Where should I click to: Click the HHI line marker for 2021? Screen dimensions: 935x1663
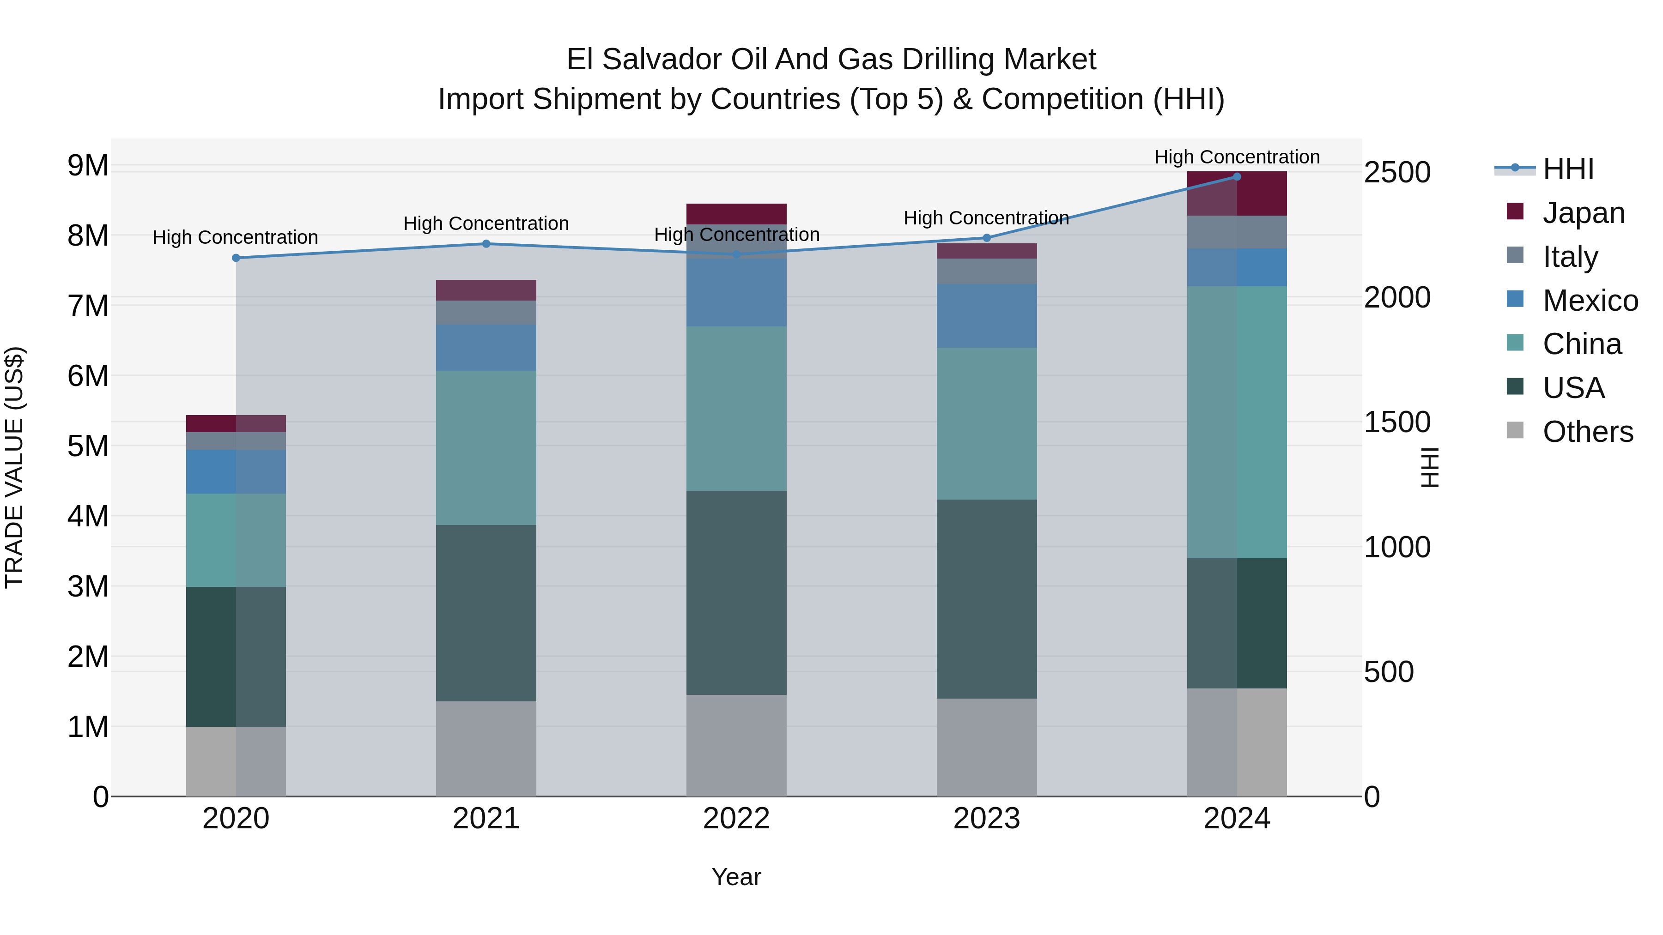pos(486,244)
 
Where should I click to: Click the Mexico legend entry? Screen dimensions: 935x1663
pos(1590,301)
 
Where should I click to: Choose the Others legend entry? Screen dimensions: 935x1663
pos(1587,432)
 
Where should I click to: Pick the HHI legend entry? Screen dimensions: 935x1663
pos(1567,169)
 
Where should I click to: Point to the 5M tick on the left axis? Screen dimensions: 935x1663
pos(88,446)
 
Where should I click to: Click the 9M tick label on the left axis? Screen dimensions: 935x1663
pos(88,166)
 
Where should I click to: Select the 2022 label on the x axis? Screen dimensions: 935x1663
pos(736,819)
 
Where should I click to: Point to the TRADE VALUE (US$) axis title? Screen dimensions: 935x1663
pos(14,468)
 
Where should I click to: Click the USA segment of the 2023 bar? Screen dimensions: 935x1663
pos(986,599)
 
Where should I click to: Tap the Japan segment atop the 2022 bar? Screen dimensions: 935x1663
pos(736,214)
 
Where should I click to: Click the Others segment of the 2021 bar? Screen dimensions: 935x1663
pos(486,748)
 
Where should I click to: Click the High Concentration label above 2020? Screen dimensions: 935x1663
pos(235,237)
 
